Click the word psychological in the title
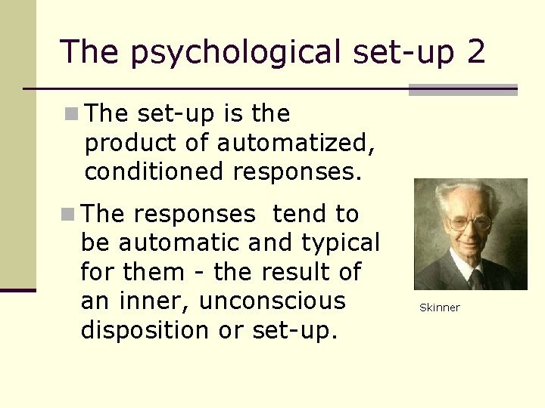(x=236, y=53)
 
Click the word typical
(x=342, y=243)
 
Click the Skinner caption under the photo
(x=440, y=308)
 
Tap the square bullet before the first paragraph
(x=70, y=114)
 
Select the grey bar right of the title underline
(x=462, y=90)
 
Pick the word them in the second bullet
(x=160, y=271)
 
